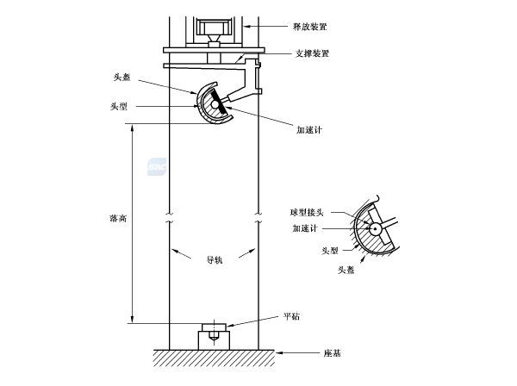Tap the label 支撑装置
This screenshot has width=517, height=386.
coord(312,53)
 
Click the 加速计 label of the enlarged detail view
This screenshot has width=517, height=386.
coord(306,228)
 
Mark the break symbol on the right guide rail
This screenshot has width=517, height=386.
coord(259,215)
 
